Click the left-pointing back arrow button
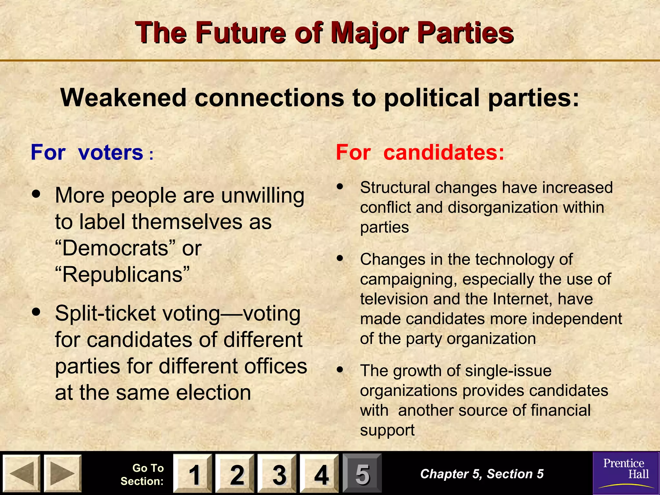coord(21,473)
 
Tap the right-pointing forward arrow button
coord(63,473)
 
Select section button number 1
coord(193,474)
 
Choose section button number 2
coord(235,474)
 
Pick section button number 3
coord(277,474)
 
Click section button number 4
coord(319,474)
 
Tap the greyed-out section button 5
coord(362,474)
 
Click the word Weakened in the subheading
coord(123,98)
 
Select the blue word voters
coord(111,152)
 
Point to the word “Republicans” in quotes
coord(122,275)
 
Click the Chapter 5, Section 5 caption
coord(482,474)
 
